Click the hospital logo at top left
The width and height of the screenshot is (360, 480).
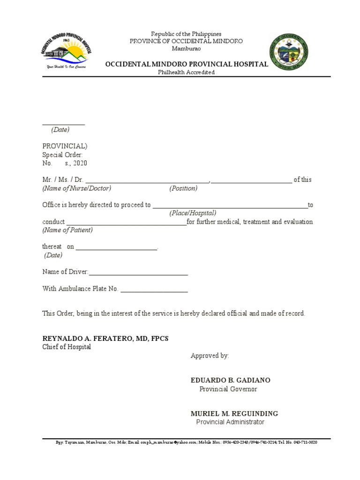(x=65, y=51)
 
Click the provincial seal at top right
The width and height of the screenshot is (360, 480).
(x=289, y=52)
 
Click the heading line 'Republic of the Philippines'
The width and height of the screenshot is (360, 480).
(x=186, y=34)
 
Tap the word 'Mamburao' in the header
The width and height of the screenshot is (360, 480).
(x=186, y=48)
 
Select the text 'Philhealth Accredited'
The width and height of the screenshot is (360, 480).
(x=186, y=72)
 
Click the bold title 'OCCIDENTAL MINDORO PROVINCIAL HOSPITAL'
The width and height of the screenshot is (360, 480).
(x=186, y=64)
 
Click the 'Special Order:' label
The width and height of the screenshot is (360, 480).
(x=63, y=155)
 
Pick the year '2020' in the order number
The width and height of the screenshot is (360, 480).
(x=80, y=163)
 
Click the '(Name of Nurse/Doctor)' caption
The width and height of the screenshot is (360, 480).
(x=77, y=188)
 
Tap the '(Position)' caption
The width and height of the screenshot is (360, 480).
(x=183, y=188)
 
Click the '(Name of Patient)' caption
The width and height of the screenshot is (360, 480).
(x=67, y=230)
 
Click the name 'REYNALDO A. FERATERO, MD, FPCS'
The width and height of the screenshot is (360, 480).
(x=105, y=338)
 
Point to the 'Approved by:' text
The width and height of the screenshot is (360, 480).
(x=210, y=356)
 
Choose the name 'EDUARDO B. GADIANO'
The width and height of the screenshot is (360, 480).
(x=230, y=380)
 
